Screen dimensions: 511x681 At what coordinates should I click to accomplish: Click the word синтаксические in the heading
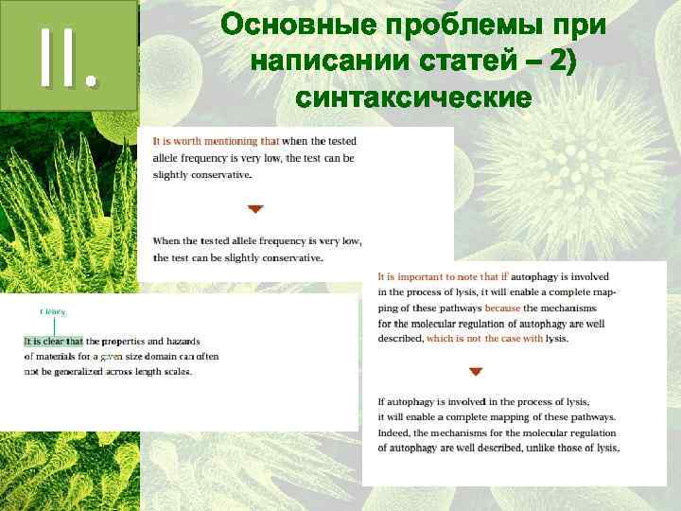pyautogui.click(x=412, y=97)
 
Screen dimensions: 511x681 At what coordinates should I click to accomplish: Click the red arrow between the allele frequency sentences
pyautogui.click(x=255, y=208)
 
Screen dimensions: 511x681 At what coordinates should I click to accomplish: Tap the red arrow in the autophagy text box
pyautogui.click(x=476, y=372)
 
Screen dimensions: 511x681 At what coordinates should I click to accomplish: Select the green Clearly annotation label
pyautogui.click(x=53, y=311)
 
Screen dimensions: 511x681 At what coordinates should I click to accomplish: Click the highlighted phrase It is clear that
pyautogui.click(x=54, y=341)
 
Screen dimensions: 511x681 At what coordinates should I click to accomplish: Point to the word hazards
pyautogui.click(x=197, y=341)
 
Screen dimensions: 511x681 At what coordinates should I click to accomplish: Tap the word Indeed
pyautogui.click(x=397, y=432)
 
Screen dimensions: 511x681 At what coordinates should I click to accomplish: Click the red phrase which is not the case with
pyautogui.click(x=484, y=338)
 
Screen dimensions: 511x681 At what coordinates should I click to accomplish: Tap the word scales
pyautogui.click(x=177, y=371)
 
